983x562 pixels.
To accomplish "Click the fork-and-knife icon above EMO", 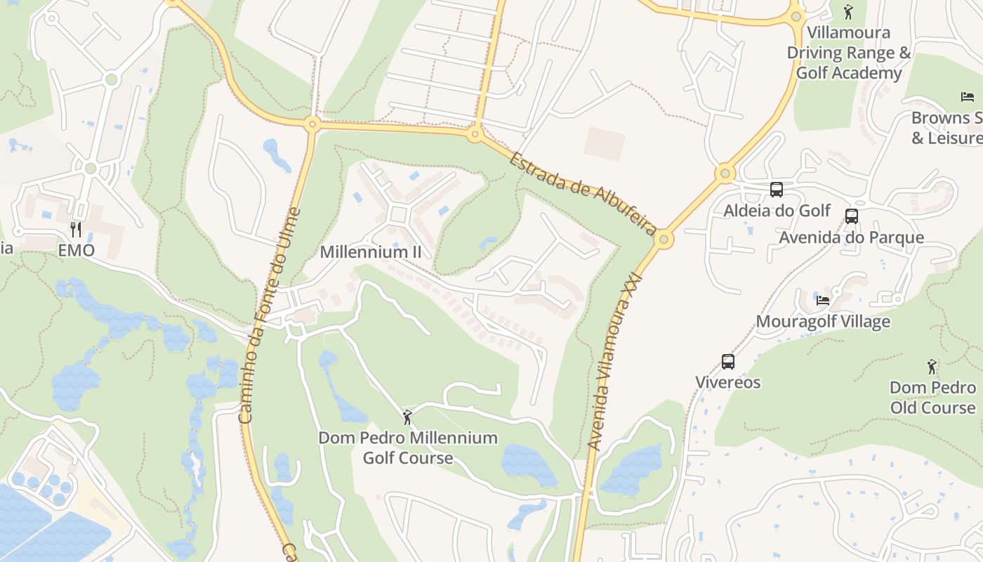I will tap(76, 229).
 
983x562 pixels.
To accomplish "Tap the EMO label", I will tap(76, 251).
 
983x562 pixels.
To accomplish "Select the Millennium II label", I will tap(371, 251).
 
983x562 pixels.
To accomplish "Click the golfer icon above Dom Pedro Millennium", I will tap(407, 417).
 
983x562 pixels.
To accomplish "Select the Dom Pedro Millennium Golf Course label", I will tap(408, 448).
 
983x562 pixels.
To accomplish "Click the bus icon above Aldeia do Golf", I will tap(777, 189).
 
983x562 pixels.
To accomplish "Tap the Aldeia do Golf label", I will tap(777, 211).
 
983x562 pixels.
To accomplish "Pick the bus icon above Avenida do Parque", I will tap(852, 216).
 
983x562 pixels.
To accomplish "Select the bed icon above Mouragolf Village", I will tap(823, 300).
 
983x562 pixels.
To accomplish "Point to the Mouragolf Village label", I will tap(823, 322).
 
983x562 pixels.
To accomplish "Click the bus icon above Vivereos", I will tap(728, 361).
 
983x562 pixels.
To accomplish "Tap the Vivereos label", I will tap(728, 383).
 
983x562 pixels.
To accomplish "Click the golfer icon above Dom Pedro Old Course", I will tap(932, 366).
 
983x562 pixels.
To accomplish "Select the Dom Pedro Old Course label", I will tap(932, 398).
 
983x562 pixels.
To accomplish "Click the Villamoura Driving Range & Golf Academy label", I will tap(848, 53).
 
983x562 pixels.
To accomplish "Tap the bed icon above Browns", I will tap(968, 96).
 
